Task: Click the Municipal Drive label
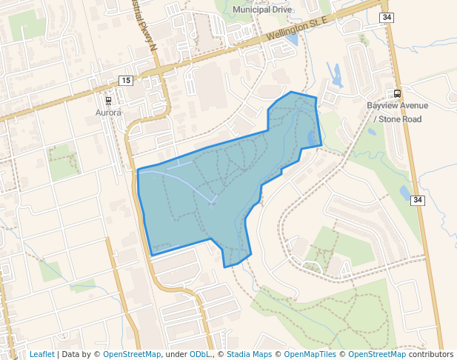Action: [x=262, y=10]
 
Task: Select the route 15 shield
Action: [x=126, y=80]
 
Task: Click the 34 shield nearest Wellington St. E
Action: [x=387, y=17]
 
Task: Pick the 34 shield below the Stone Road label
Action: [x=418, y=200]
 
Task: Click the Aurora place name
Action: [x=108, y=113]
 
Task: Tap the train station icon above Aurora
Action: [x=109, y=100]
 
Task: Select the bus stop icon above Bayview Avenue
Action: [x=398, y=93]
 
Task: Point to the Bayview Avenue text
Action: [x=398, y=106]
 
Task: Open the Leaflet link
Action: [x=41, y=354]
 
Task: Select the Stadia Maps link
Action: [x=249, y=354]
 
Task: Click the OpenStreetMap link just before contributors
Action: [x=372, y=354]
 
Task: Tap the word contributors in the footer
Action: [x=426, y=354]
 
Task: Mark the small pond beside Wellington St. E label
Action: [x=292, y=37]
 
